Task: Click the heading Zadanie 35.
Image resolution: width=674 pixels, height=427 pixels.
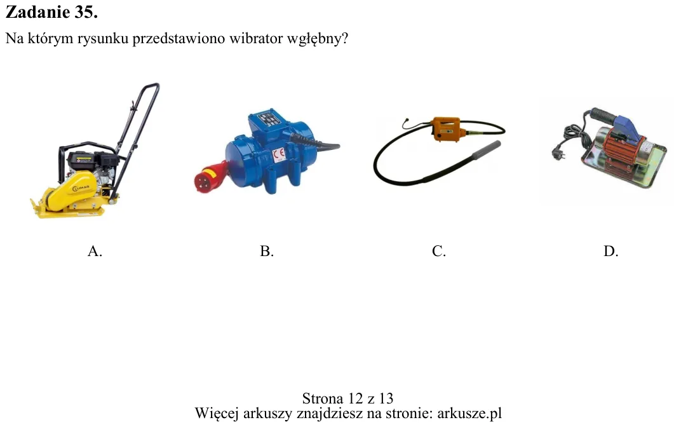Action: point(51,12)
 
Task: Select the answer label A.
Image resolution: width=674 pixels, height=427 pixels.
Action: point(95,251)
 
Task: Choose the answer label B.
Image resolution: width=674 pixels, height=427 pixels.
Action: point(267,251)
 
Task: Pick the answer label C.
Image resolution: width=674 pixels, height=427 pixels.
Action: point(439,251)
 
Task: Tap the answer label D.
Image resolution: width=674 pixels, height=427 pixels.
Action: point(611,251)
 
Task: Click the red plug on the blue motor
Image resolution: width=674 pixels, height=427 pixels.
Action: point(210,176)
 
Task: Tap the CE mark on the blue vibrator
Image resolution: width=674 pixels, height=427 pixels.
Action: point(279,154)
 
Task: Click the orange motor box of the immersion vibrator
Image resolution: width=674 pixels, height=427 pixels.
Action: point(448,128)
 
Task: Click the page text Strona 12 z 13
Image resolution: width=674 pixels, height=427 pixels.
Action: point(347,398)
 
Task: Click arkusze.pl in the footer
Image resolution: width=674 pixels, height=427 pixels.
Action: point(469,413)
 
